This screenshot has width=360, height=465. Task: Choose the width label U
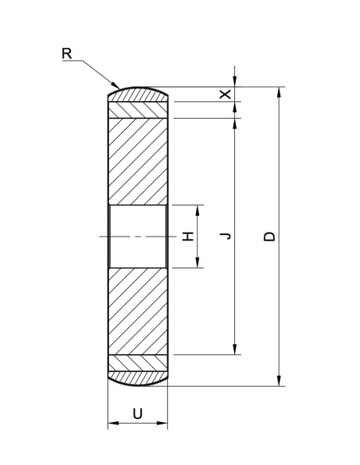[137, 412]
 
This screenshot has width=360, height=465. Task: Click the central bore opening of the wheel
[137, 236]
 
